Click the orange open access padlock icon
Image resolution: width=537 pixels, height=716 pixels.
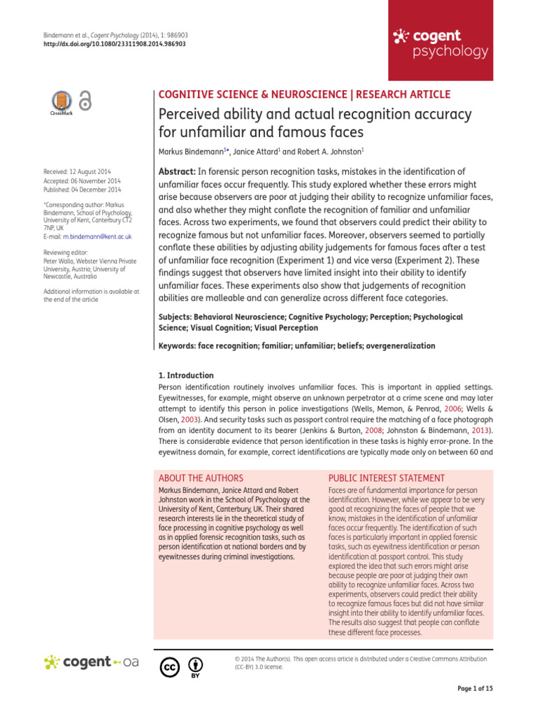(x=85, y=102)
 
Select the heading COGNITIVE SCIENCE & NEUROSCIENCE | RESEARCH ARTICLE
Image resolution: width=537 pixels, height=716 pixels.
(x=306, y=94)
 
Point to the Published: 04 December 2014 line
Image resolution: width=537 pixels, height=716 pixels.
(x=82, y=189)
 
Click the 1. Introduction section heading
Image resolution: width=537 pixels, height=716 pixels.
(x=187, y=375)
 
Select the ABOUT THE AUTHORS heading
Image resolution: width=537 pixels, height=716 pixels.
(x=201, y=478)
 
